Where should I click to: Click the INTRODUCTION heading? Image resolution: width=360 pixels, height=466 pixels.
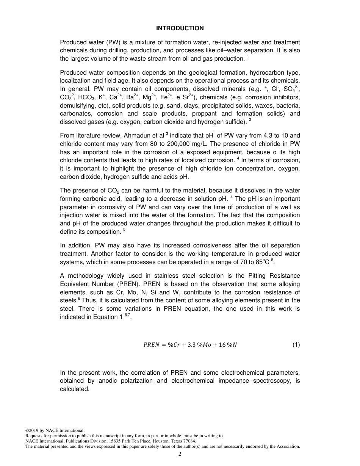(180, 28)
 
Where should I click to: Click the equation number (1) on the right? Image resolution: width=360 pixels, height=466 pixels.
(296, 345)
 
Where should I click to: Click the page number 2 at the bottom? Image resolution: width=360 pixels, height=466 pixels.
(180, 455)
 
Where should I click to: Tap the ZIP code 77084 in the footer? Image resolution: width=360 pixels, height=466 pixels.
(189, 441)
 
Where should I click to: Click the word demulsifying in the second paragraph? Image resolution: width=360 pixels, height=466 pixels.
(76, 105)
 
